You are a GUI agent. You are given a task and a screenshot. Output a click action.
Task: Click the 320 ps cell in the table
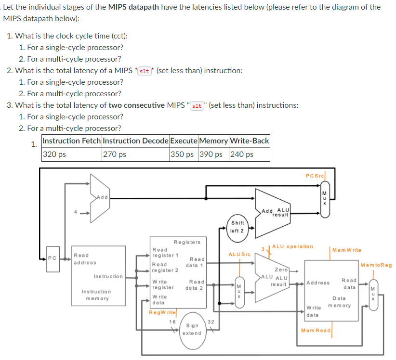tap(71, 154)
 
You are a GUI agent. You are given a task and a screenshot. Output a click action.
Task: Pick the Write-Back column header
tap(249, 141)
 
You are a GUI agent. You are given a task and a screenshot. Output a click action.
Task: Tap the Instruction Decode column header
tap(135, 141)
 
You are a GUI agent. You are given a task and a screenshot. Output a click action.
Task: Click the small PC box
tap(52, 258)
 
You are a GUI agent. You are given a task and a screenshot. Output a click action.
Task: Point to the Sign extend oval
tap(192, 329)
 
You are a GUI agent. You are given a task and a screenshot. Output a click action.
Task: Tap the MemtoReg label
tap(376, 265)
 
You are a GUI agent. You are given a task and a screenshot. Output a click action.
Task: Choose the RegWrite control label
tap(162, 312)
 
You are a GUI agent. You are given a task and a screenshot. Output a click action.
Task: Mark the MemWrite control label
tap(346, 250)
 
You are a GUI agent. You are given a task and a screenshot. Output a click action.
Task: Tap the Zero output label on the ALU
tap(281, 270)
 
